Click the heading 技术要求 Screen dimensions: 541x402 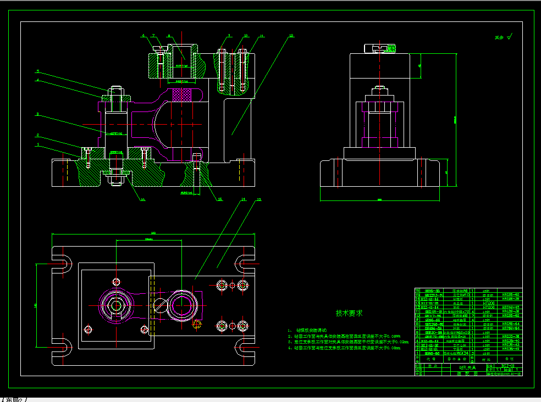coord(349,313)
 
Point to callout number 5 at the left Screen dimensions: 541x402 coord(38,71)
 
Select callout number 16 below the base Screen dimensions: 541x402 coord(142,199)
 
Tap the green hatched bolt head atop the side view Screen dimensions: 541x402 coord(391,48)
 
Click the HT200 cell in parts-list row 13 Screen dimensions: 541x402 coord(487,303)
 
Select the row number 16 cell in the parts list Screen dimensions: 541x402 coord(417,291)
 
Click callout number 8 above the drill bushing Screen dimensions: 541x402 coord(169,36)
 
